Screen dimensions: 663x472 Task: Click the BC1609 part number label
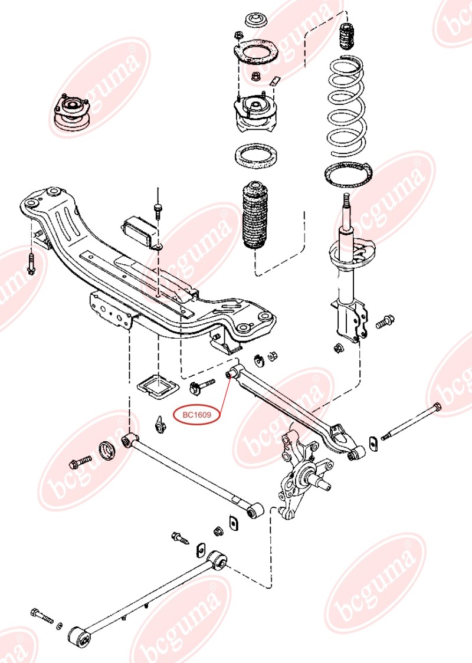tap(196, 415)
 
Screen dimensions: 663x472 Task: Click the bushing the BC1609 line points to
tap(232, 373)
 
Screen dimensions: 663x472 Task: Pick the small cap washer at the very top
tap(255, 19)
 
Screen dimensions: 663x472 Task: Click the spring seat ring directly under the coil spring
tap(349, 175)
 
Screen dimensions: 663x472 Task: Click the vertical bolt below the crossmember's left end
tap(31, 263)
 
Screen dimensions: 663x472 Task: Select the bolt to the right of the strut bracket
tap(385, 321)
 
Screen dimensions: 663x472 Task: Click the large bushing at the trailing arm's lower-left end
tap(79, 637)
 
